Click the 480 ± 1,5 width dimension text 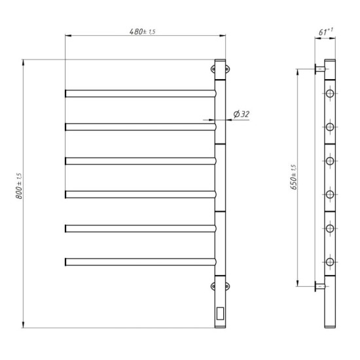click(x=142, y=32)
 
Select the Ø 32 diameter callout click(x=241, y=114)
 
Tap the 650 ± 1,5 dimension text click(x=295, y=177)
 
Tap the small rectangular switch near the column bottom click(x=220, y=314)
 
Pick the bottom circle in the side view click(x=330, y=262)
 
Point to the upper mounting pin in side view click(x=319, y=69)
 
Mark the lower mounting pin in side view click(x=319, y=285)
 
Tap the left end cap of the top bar click(x=66, y=93)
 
